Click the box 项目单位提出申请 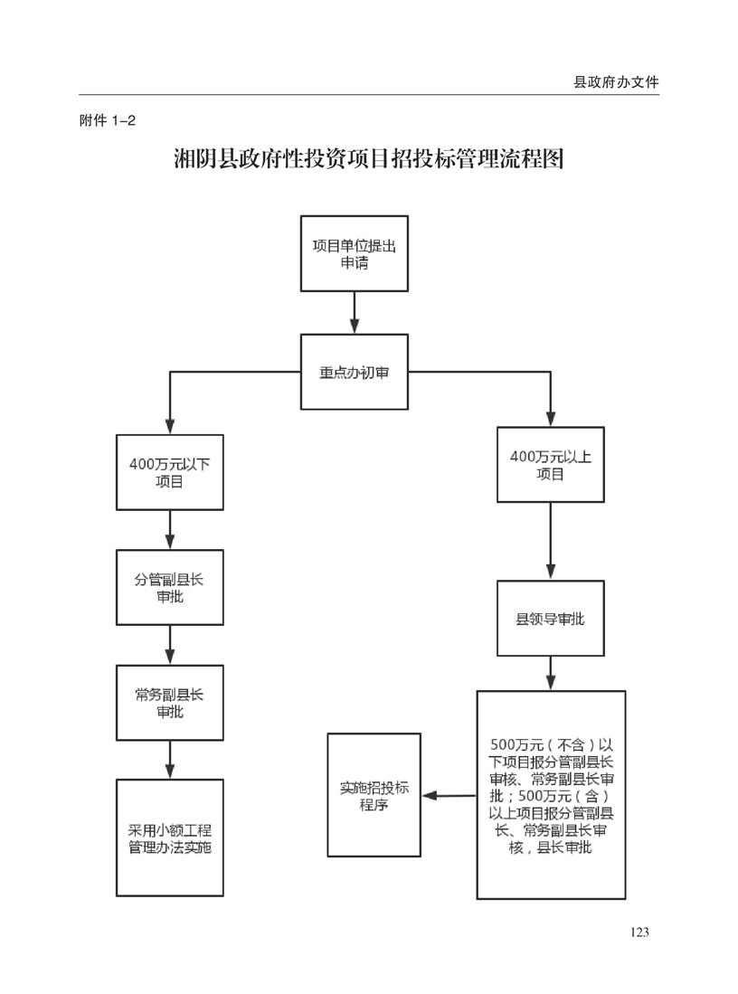354,253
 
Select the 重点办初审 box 354,372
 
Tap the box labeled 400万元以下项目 170,472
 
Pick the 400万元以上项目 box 551,465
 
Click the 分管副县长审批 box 170,587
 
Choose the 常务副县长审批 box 170,703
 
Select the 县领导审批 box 551,619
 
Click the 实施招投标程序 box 374,795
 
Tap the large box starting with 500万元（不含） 551,795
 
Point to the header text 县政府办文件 616,81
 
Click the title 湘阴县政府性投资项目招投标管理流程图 369,159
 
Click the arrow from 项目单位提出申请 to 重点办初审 354,313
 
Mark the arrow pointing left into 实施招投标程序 449,796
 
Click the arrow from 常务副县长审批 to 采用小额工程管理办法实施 170,759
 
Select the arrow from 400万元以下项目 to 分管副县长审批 170,529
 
